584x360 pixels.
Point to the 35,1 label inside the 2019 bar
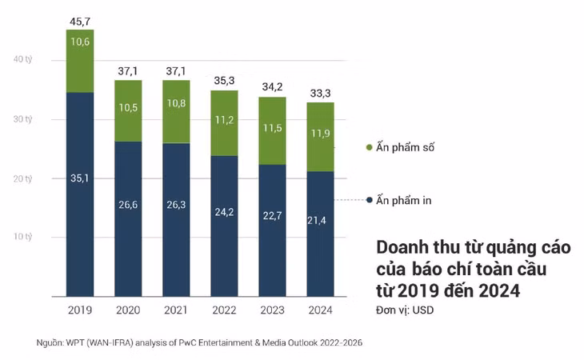tap(80, 178)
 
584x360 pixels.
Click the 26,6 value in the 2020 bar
tap(128, 206)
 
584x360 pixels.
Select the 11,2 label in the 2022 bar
tap(225, 120)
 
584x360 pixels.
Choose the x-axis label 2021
tap(176, 310)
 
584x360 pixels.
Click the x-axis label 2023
tap(273, 310)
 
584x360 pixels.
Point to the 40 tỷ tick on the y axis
tap(22, 59)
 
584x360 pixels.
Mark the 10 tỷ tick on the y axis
tap(22, 238)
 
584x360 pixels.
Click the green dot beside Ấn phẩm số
tap(369, 148)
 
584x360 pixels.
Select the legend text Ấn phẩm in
tap(404, 200)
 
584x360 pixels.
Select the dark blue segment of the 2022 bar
tap(225, 232)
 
